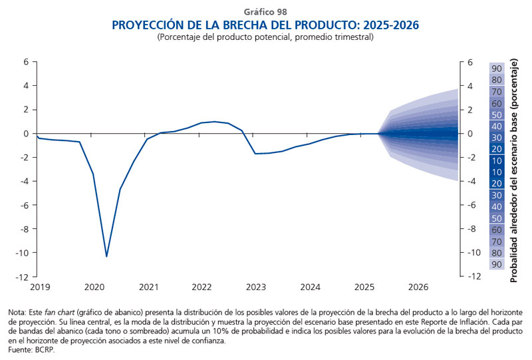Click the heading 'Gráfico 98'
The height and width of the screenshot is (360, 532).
click(265, 11)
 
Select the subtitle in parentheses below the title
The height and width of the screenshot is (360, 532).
click(265, 37)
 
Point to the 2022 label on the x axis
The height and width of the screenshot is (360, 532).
click(201, 287)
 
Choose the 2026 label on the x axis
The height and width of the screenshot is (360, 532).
click(417, 287)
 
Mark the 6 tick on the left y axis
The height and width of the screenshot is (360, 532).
click(27, 62)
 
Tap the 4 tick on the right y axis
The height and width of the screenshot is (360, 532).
click(470, 86)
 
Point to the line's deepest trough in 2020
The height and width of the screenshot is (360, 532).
click(106, 256)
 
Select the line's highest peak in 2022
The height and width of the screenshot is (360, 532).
click(215, 122)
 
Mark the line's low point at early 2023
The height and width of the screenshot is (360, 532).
click(255, 154)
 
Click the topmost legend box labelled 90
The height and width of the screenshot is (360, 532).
click(496, 68)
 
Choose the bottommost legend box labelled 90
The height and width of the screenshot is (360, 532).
click(496, 265)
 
